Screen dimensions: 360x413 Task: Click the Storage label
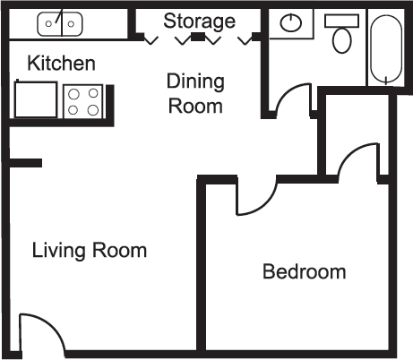(x=199, y=21)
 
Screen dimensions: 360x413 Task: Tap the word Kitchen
(x=61, y=64)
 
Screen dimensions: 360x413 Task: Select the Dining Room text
(x=194, y=93)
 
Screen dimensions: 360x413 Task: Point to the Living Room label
(x=89, y=250)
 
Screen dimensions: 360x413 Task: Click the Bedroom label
(x=304, y=271)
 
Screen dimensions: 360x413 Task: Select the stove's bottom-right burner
(x=93, y=110)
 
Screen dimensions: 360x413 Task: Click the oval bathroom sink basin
(x=291, y=24)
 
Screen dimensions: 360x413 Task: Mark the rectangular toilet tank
(x=341, y=21)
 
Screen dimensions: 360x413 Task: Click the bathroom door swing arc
(x=291, y=99)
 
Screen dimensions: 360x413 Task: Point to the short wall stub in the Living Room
(x=25, y=163)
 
